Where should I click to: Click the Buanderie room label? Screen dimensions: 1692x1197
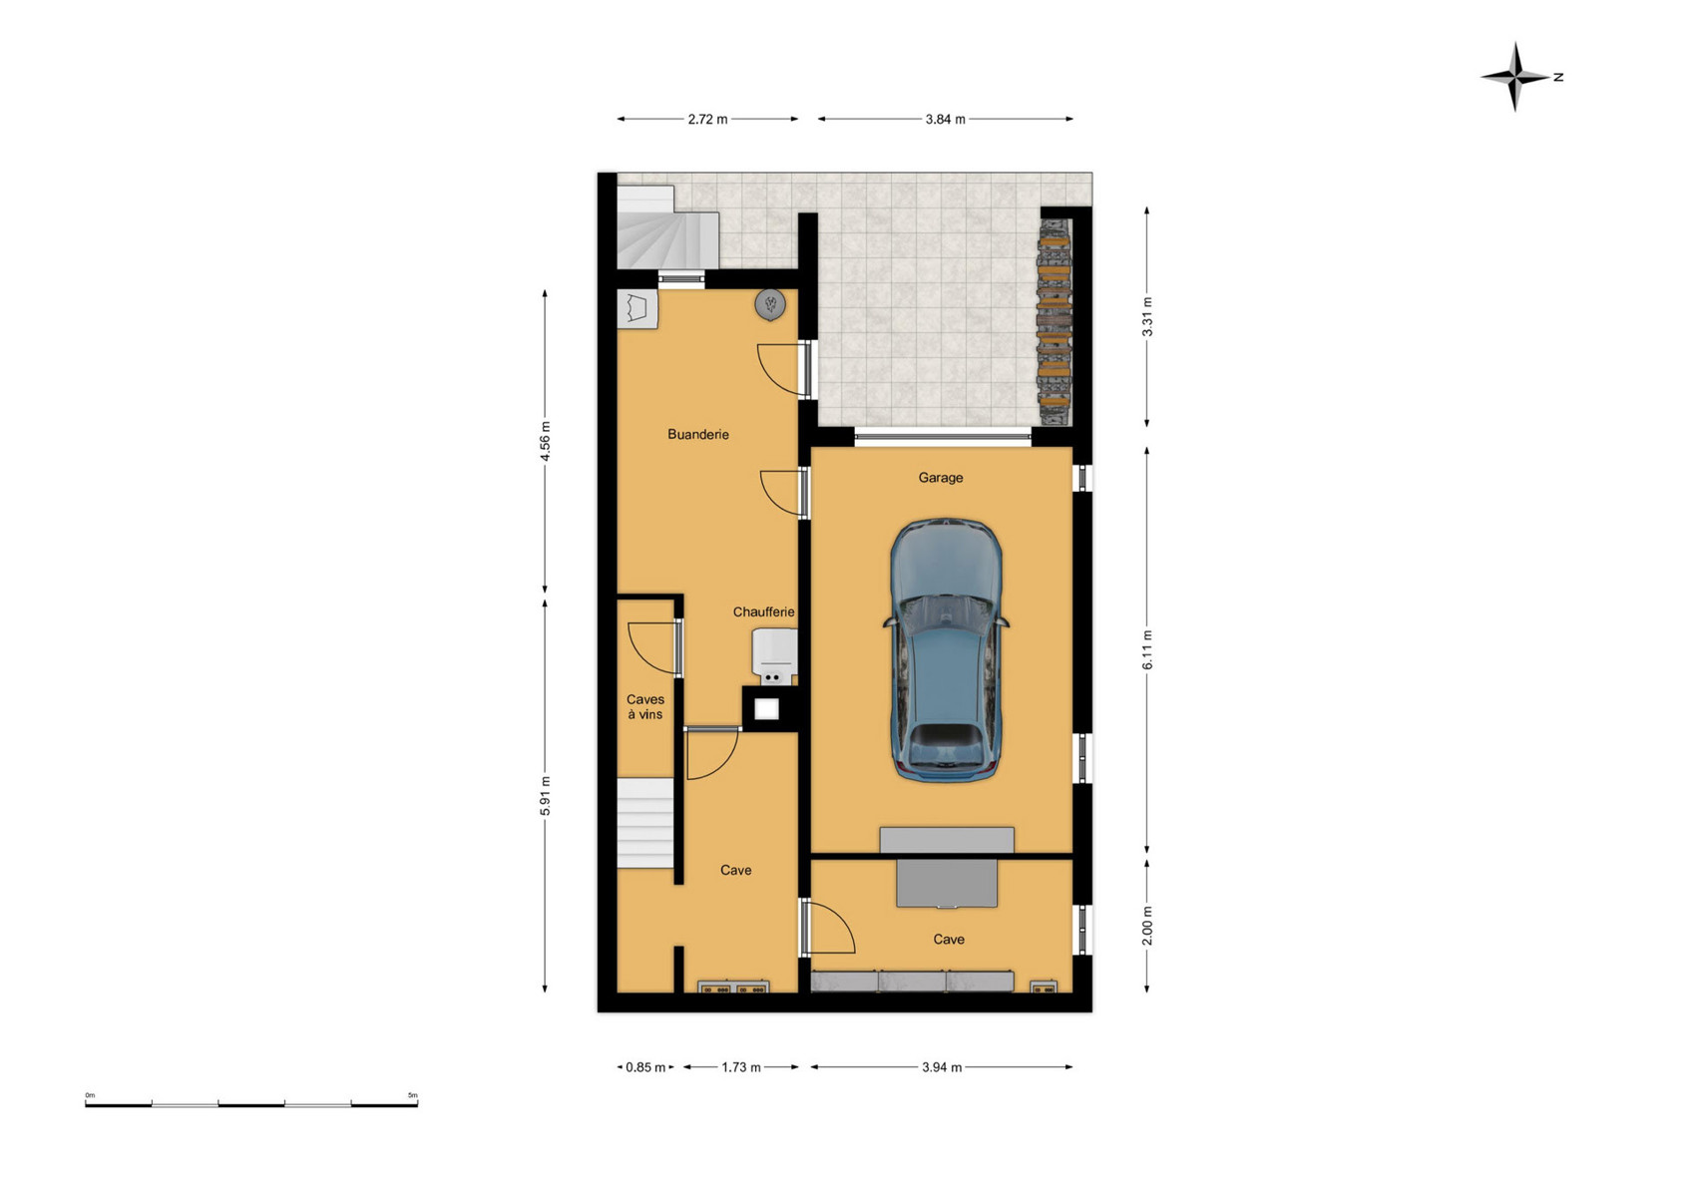pos(698,434)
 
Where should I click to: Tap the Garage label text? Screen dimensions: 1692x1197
pos(941,477)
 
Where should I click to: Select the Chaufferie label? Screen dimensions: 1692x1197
pos(763,611)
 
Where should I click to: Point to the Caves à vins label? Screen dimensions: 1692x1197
pos(645,707)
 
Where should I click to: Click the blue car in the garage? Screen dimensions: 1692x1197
pos(946,649)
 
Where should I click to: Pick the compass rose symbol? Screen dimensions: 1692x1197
pos(1515,76)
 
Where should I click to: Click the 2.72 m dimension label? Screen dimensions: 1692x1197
pos(707,120)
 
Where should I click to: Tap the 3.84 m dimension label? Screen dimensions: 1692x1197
pos(945,120)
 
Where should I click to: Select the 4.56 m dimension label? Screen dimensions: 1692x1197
pos(545,441)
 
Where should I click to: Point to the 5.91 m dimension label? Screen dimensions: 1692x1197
pos(545,796)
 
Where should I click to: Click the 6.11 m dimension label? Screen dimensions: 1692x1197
pos(1146,649)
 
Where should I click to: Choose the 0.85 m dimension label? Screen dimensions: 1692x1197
pos(645,1067)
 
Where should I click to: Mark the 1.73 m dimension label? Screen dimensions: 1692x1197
pos(741,1067)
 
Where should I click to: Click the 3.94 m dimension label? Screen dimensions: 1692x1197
pos(941,1067)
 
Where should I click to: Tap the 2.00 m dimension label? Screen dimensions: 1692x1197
pos(1146,926)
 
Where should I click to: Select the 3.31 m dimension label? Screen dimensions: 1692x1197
pos(1146,316)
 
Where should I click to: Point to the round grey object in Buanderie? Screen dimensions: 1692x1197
pos(770,305)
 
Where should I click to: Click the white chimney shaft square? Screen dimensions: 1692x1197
pos(766,709)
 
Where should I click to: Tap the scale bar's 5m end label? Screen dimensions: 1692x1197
pos(412,1095)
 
